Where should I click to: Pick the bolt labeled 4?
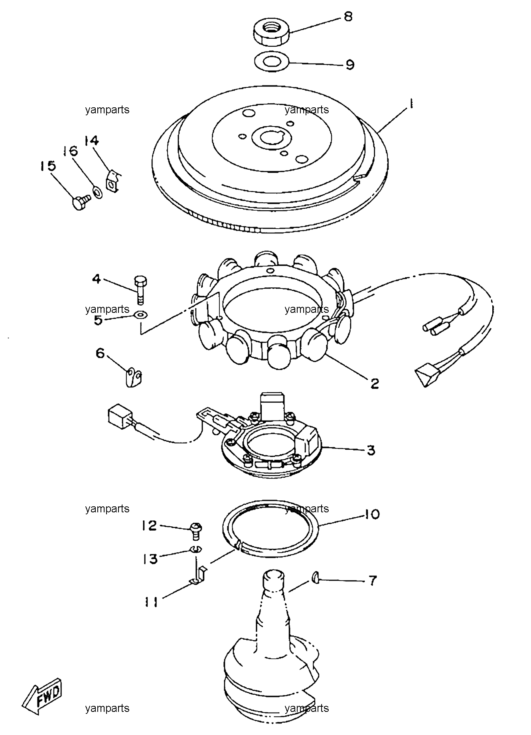tap(140, 289)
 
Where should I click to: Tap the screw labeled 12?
tap(195, 532)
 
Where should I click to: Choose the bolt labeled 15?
tap(81, 202)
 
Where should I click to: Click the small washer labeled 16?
tap(97, 192)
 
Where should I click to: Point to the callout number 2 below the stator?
tap(374, 384)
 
